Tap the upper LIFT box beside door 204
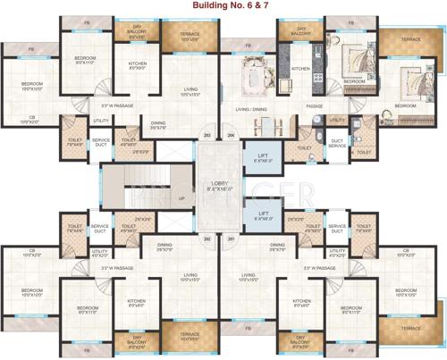262,158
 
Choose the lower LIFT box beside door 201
262,214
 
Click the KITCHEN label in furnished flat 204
300,69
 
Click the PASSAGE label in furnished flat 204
314,106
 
